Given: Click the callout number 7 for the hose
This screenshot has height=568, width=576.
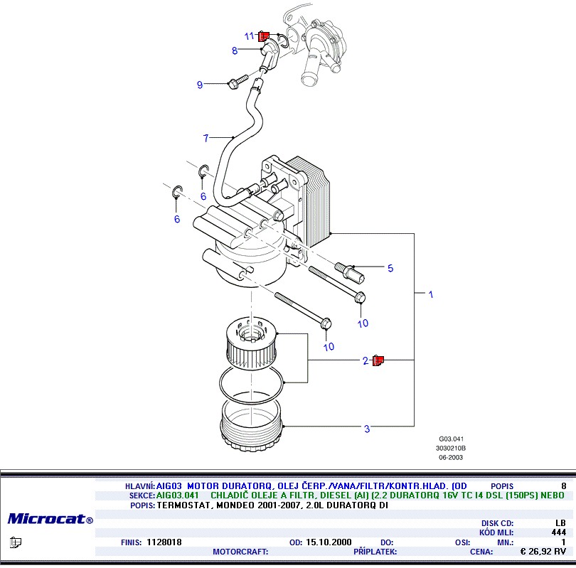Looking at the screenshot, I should (x=206, y=138).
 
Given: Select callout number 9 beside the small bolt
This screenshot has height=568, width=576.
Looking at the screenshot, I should (x=200, y=85).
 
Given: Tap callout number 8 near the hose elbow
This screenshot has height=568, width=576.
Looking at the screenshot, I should (x=234, y=50).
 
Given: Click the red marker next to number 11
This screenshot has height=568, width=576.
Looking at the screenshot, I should (x=263, y=36).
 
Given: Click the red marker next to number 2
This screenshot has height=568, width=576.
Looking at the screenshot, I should (x=378, y=361).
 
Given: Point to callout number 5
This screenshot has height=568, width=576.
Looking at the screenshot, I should (x=390, y=268).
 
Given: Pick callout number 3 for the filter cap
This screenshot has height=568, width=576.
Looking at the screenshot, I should (x=367, y=429).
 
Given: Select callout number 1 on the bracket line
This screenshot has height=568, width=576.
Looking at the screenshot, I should (x=430, y=294).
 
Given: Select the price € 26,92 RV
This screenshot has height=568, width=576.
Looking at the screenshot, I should (x=543, y=551).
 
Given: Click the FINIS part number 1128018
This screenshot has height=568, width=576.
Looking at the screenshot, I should (x=164, y=542).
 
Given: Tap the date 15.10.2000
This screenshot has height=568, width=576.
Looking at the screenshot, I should (x=329, y=542).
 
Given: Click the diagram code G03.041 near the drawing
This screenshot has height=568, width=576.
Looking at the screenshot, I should (x=451, y=439).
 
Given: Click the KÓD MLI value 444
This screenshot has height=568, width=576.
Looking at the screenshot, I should (x=558, y=532).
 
